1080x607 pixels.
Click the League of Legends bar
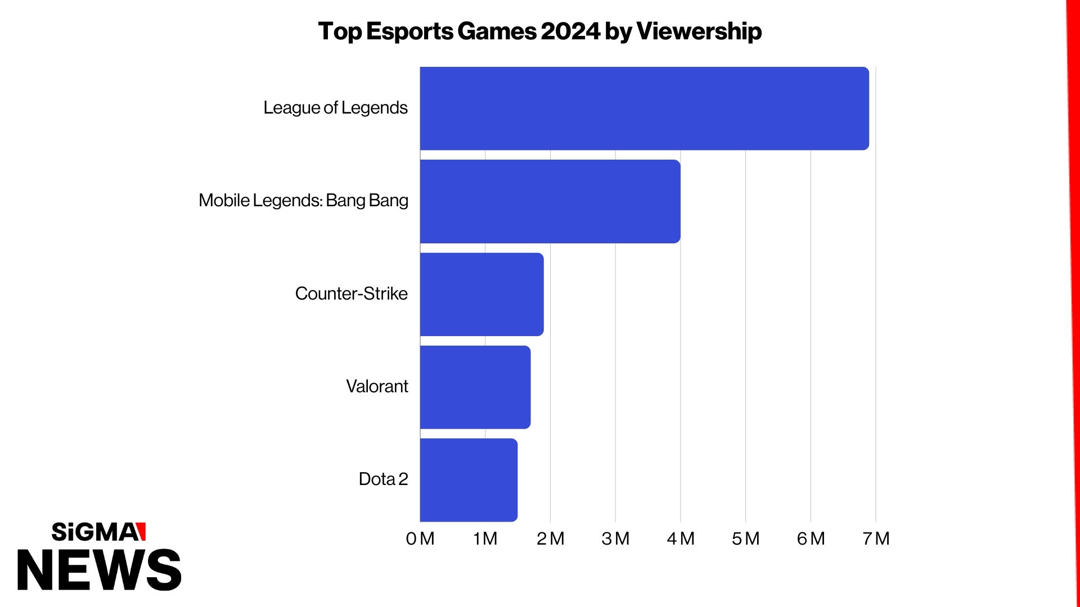coord(644,108)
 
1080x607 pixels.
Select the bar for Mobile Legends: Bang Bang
coord(550,201)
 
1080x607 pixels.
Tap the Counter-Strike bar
coord(481,295)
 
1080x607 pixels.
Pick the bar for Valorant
coord(475,387)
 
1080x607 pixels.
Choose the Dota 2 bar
coord(469,480)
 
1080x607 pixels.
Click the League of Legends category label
coord(335,108)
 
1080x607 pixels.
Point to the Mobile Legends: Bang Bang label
coord(303,201)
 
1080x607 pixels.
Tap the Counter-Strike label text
coord(351,293)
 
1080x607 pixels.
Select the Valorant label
coord(377,387)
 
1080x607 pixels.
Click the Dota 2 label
coord(383,479)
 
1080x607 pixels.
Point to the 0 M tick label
coord(420,538)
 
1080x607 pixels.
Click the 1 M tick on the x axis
coord(485,538)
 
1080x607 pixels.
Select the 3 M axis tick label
coord(615,538)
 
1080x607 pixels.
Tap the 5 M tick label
coord(745,538)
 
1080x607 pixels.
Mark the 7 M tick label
coord(876,538)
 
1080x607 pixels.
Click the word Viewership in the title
coord(699,31)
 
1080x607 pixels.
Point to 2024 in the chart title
coord(570,31)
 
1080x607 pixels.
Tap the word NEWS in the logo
coord(99,570)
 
